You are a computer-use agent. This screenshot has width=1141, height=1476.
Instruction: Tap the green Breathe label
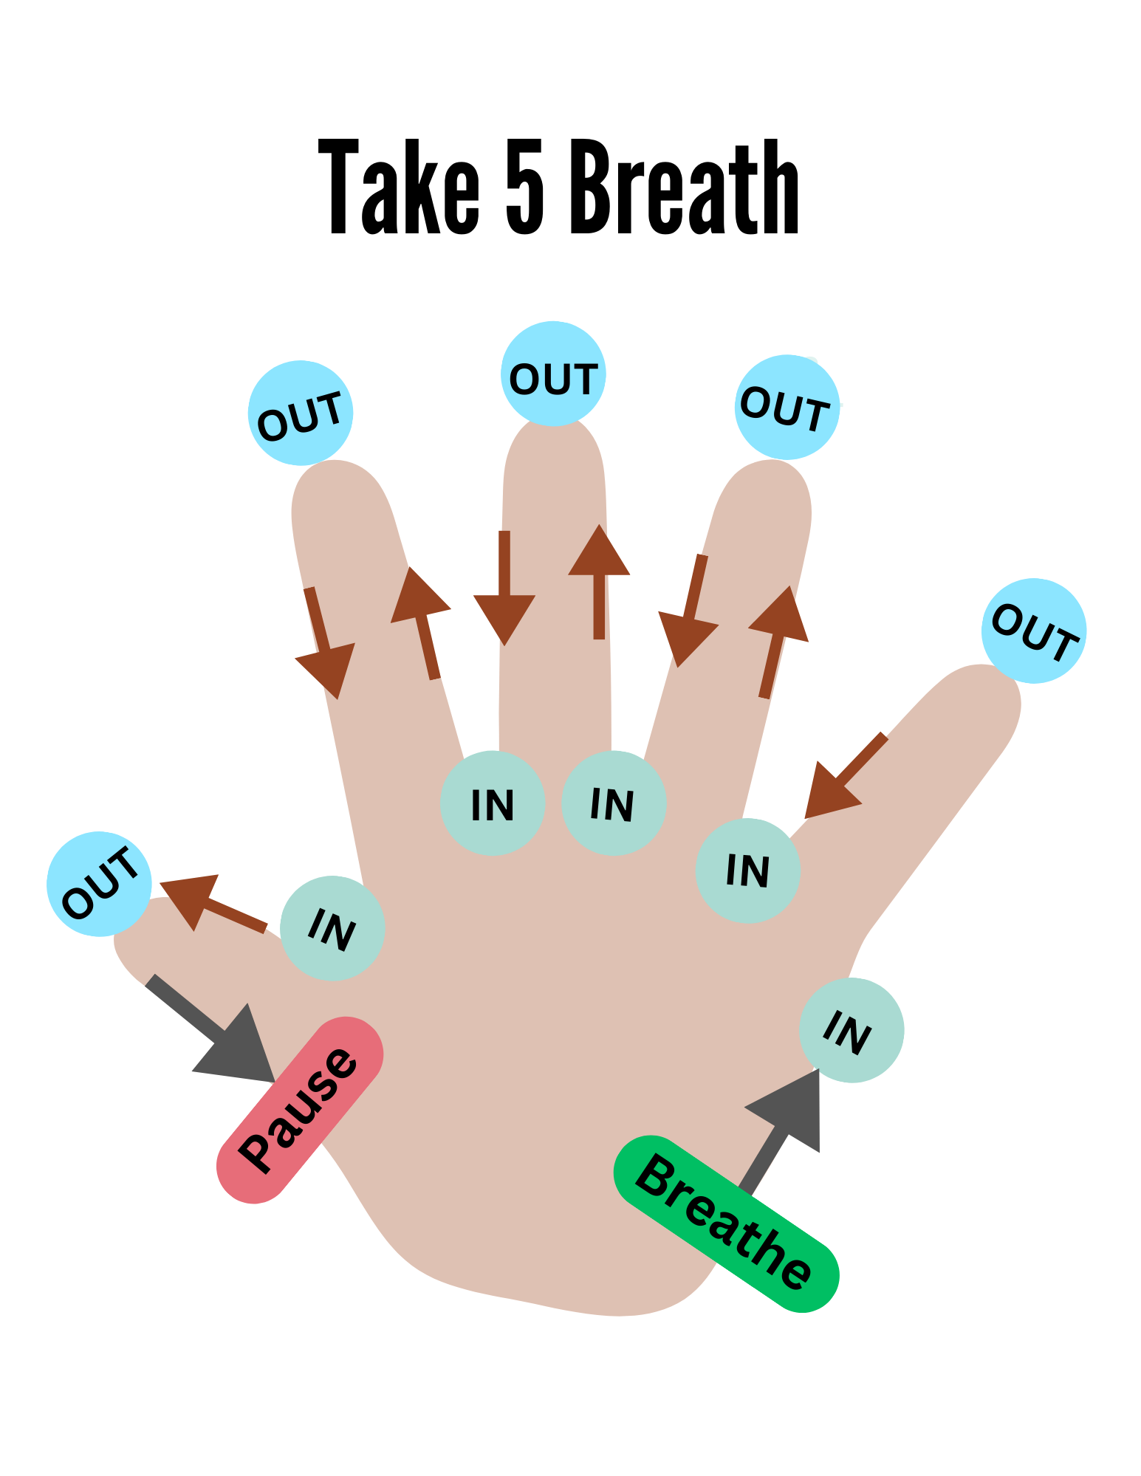pos(726,1223)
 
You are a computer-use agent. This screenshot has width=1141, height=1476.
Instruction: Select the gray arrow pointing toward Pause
pos(217,1034)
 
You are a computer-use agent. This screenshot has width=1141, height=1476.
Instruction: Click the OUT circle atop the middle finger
pos(553,374)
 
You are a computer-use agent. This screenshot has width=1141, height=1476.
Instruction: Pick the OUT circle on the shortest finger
pos(99,884)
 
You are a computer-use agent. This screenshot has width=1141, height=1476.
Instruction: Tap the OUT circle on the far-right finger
pos(1034,631)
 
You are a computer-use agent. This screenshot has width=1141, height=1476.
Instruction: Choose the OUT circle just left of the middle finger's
pos(301,413)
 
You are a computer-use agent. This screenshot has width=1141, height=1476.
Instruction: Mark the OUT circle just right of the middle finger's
pos(787,407)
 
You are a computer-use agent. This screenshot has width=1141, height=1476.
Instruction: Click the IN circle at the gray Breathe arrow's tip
pos(852,1030)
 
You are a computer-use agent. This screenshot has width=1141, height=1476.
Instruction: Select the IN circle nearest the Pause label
pos(332,928)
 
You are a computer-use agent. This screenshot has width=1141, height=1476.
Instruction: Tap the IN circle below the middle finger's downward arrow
pos(493,803)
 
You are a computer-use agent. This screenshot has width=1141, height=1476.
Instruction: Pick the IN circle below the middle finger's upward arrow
pos(614,803)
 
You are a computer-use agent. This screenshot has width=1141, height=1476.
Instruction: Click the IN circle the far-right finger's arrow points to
pos(748,871)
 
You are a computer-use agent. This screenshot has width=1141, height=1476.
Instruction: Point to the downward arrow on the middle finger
pos(504,591)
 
